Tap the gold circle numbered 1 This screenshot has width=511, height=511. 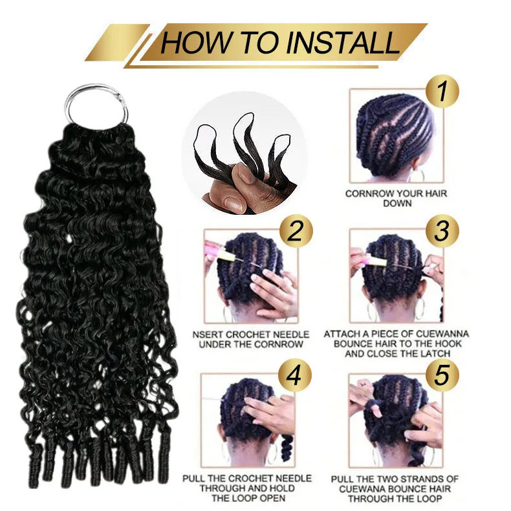tap(442, 92)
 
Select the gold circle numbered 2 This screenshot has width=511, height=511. tap(296, 232)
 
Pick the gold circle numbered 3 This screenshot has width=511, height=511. tap(442, 231)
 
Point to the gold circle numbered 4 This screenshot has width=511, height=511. tap(295, 376)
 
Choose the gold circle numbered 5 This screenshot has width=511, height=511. tap(442, 375)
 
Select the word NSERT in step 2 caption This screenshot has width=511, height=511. tap(208, 334)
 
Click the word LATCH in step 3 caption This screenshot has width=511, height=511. tap(435, 353)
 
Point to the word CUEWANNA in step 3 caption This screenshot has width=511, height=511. tap(442, 334)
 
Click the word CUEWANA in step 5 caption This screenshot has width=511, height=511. tap(362, 489)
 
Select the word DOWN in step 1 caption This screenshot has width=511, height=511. tap(397, 203)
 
